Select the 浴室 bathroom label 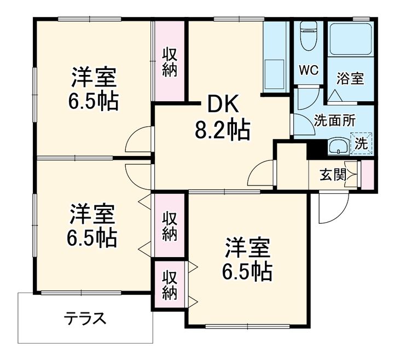coord(351,79)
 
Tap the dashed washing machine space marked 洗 coord(362,144)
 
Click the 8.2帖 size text coord(223,130)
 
